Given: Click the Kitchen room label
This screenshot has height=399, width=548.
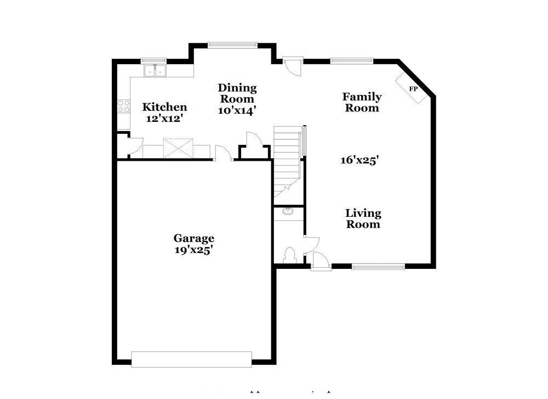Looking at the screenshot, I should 164,107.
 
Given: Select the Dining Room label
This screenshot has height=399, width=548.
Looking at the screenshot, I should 237,93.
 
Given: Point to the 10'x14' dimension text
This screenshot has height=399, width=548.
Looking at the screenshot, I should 237,110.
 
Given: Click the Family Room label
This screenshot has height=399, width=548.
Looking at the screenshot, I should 362,102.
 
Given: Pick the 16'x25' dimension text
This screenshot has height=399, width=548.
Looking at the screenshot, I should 359,160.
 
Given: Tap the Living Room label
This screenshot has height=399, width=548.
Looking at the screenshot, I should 362,218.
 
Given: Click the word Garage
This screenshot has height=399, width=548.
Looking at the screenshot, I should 193,238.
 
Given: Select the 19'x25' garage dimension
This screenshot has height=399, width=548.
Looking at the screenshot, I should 193,250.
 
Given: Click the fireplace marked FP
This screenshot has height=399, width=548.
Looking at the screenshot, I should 413,88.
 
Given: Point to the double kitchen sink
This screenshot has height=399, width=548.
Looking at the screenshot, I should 155,71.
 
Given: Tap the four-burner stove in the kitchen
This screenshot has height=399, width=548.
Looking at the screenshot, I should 123,106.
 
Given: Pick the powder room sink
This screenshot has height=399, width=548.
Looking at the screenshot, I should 288,211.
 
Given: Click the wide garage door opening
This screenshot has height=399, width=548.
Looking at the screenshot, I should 191,359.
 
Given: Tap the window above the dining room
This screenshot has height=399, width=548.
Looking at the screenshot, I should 232,46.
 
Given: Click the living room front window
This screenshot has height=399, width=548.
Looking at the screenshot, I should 378,267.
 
